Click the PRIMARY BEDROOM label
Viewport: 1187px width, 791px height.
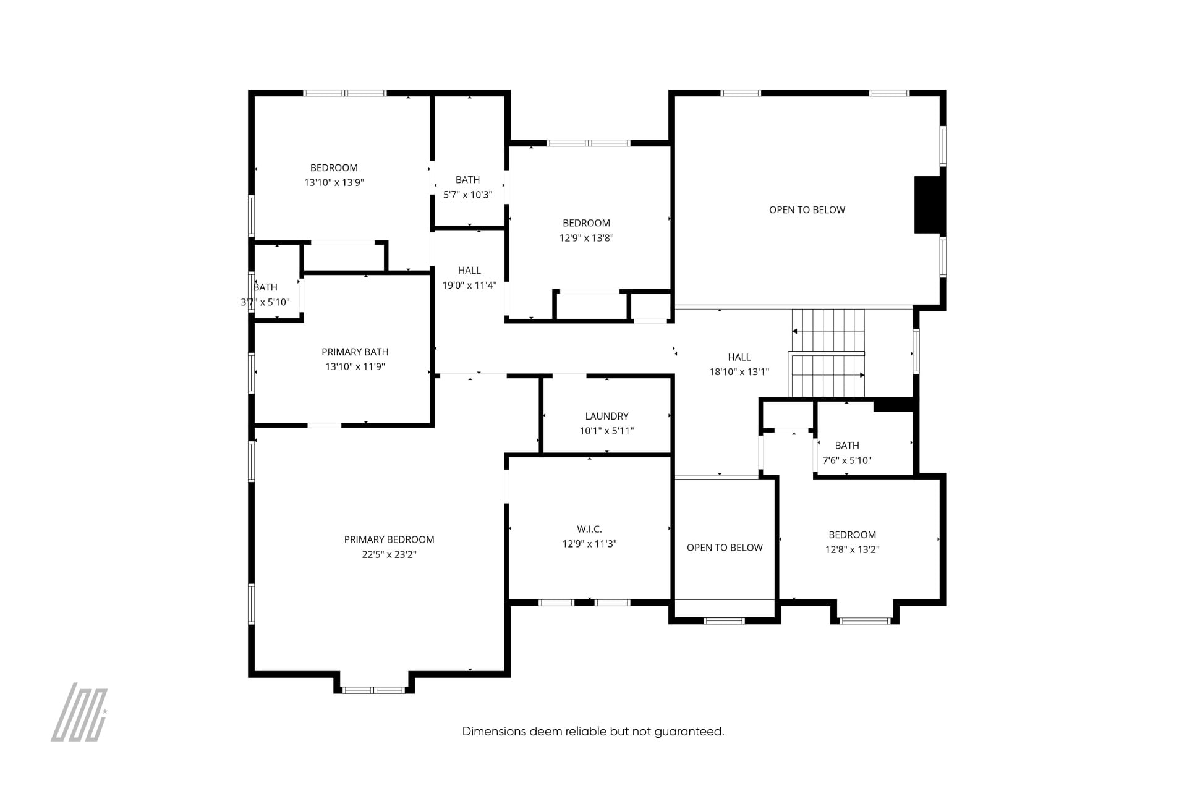point(389,539)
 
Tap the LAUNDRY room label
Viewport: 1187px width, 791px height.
point(606,416)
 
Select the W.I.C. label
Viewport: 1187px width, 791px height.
point(589,529)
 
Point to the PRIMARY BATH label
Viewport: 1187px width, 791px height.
point(355,352)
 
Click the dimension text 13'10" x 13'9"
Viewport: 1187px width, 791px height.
point(334,182)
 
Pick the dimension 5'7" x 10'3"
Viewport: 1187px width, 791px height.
point(467,195)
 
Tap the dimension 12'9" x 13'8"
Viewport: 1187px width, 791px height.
point(586,238)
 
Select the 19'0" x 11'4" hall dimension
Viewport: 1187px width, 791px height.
point(469,286)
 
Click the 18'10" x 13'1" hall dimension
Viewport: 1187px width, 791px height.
point(739,372)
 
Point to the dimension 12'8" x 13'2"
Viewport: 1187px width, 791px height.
point(852,549)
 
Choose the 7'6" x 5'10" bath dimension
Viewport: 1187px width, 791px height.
point(847,460)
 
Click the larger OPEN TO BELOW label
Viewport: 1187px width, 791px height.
point(807,210)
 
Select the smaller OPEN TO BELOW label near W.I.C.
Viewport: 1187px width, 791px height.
point(725,548)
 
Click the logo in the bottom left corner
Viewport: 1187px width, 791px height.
point(79,712)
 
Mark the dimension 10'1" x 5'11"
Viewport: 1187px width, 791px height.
point(606,431)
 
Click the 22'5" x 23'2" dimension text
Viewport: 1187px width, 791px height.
point(389,554)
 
